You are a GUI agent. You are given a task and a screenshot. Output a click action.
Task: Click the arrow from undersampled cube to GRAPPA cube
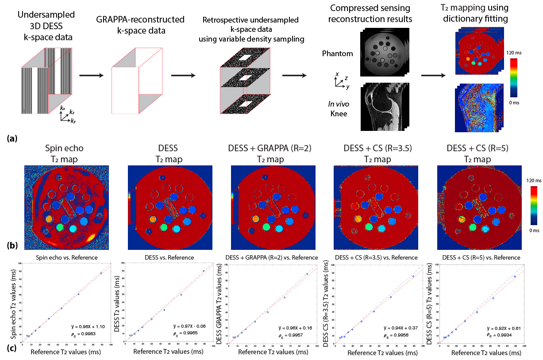coord(91,76)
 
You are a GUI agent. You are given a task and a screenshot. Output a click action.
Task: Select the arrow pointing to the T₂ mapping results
coord(432,76)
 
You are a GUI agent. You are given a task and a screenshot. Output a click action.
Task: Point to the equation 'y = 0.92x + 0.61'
coord(503,329)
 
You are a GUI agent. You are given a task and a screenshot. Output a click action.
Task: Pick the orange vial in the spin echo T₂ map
coord(49,218)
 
